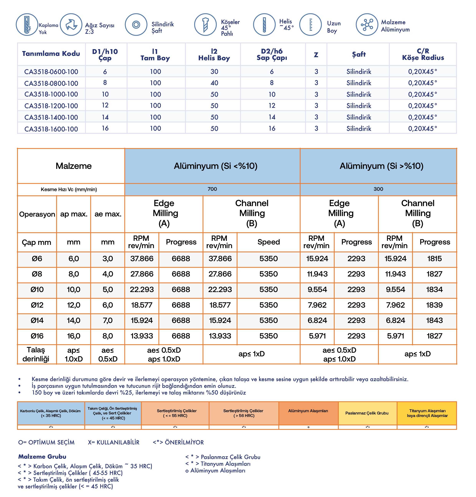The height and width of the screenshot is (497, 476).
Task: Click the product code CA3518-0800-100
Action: coord(51,83)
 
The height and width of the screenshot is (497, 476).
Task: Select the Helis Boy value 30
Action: coord(214,72)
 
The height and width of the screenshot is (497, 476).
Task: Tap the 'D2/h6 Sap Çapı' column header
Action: coord(272,54)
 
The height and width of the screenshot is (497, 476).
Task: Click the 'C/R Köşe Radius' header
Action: coord(423,54)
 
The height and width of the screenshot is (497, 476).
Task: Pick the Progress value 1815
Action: coord(434,259)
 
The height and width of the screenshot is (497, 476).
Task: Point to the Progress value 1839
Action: coord(434,305)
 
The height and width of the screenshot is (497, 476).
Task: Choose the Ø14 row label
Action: coord(37,320)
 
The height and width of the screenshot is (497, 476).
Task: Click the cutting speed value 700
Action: coord(212,189)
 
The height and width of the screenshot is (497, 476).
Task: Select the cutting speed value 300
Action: coord(378,189)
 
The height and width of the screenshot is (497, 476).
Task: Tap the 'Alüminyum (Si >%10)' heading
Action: coord(381,166)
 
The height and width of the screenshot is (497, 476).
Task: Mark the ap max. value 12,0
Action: coord(74,305)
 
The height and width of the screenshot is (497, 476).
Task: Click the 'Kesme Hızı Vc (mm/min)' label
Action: coord(69,189)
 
